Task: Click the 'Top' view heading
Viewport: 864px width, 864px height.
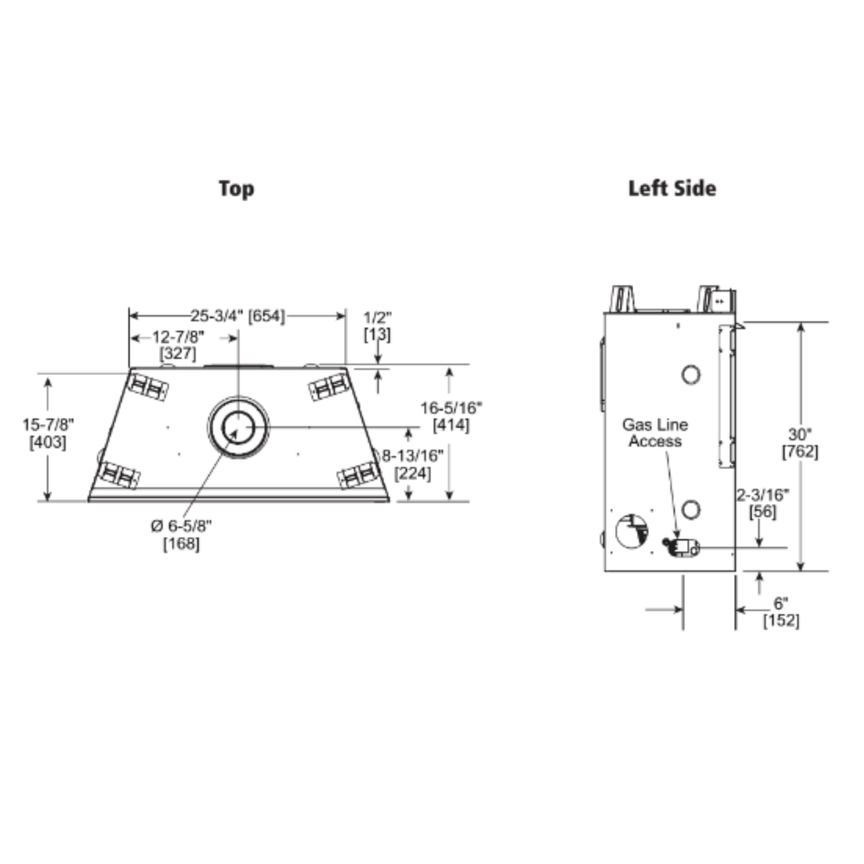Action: click(237, 189)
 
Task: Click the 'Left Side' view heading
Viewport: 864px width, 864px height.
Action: click(672, 188)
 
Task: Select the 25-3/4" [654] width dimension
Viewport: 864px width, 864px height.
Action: click(238, 316)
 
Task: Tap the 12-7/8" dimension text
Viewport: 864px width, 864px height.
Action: click(178, 337)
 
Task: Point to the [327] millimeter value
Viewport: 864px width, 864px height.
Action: click(178, 353)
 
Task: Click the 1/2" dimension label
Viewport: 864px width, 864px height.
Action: click(378, 318)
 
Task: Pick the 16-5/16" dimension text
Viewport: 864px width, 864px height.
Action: click(451, 409)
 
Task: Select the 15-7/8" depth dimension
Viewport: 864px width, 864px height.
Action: click(48, 425)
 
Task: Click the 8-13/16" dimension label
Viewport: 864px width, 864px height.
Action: click(413, 455)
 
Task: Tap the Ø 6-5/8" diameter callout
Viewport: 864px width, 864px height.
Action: click(181, 526)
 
